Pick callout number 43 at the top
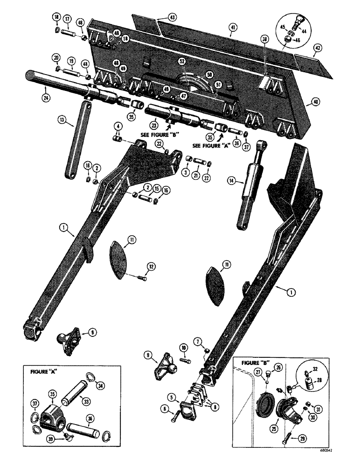tap(159, 17)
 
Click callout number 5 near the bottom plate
tap(173, 398)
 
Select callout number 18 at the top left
tap(56, 18)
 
